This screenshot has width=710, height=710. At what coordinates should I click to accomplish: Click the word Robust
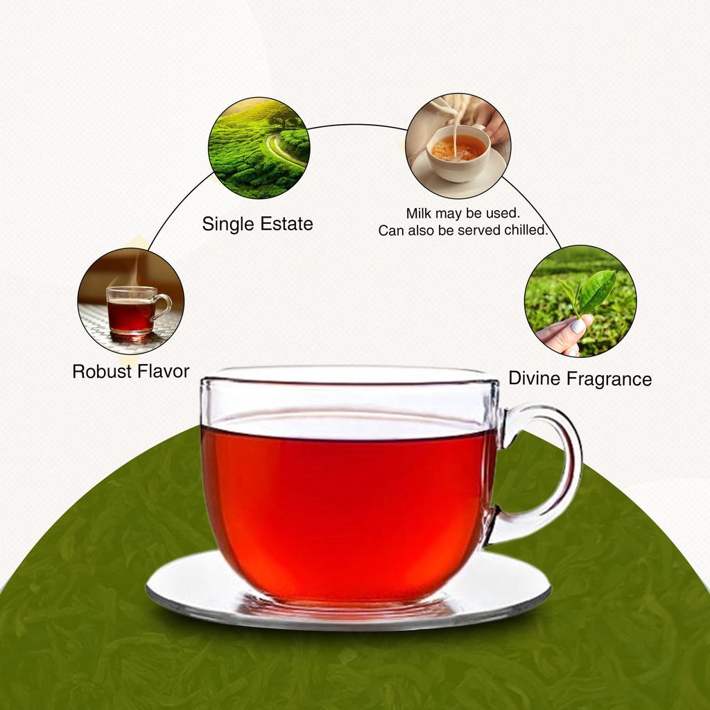[x=102, y=371]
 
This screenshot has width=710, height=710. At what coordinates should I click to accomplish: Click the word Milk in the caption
[x=419, y=214]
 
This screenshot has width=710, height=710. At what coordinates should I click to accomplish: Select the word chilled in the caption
[x=523, y=231]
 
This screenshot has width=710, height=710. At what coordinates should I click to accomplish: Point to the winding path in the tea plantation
[x=281, y=149]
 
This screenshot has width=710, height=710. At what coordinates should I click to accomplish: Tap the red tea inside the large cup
[x=347, y=506]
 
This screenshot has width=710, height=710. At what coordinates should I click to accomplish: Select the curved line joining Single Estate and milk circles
[x=357, y=125]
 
